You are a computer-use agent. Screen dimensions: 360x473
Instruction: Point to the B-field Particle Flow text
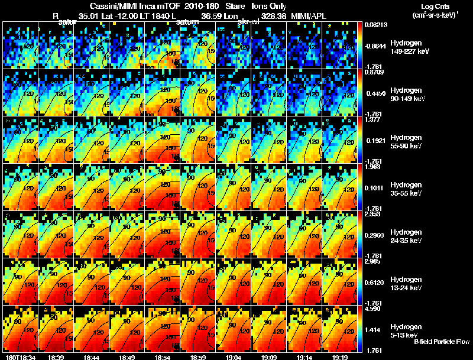[442, 342]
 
